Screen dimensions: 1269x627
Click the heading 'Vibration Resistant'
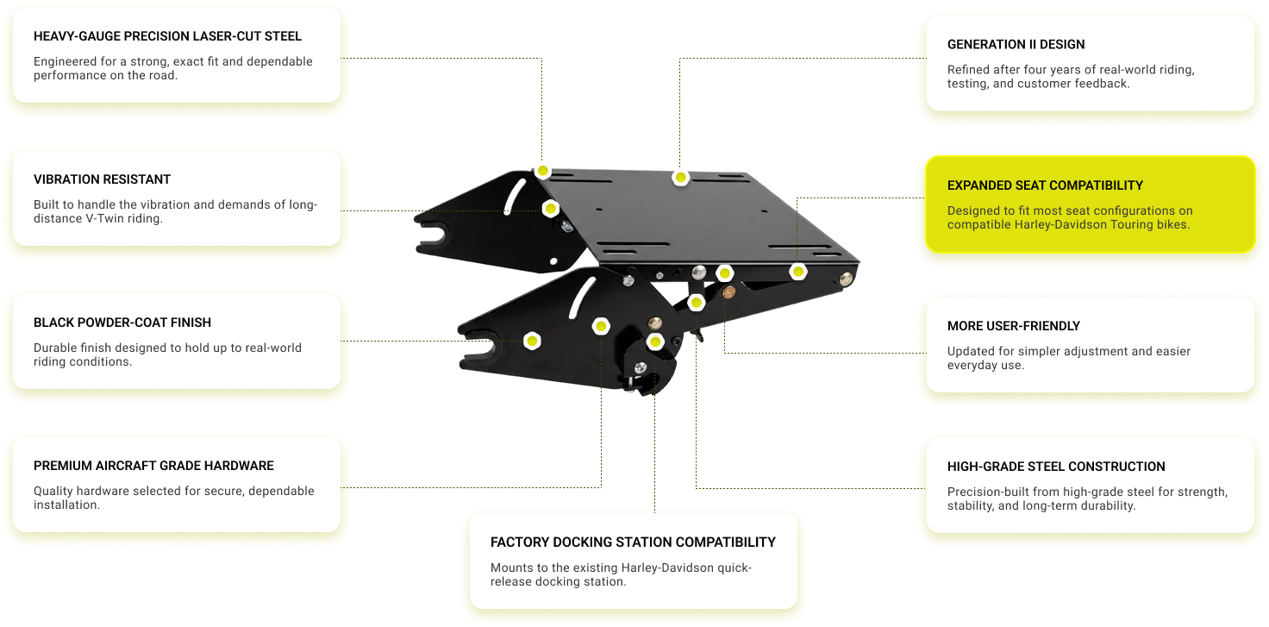pyautogui.click(x=102, y=179)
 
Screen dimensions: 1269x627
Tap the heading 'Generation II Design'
pyautogui.click(x=1016, y=45)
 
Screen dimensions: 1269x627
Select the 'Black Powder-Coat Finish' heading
pyautogui.click(x=122, y=323)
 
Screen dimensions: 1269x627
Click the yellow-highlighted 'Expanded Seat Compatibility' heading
pyautogui.click(x=1045, y=185)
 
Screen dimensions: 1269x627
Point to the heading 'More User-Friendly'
pyautogui.click(x=1014, y=326)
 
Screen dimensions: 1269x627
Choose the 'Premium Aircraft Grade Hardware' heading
pyautogui.click(x=153, y=466)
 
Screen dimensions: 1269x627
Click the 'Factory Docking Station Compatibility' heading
pyautogui.click(x=633, y=542)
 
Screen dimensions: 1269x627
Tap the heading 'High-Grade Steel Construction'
pyautogui.click(x=1056, y=467)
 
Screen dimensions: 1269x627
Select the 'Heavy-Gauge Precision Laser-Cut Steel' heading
pyautogui.click(x=167, y=36)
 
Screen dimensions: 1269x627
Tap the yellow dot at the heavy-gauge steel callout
pyautogui.click(x=543, y=171)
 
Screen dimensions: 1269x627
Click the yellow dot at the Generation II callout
pyautogui.click(x=680, y=178)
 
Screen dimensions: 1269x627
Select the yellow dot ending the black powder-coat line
pyautogui.click(x=532, y=341)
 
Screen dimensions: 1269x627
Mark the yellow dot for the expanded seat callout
pyautogui.click(x=797, y=273)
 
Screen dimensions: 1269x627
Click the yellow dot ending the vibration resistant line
pyautogui.click(x=550, y=209)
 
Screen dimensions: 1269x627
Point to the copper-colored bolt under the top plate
pyautogui.click(x=729, y=292)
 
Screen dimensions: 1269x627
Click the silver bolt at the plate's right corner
pyautogui.click(x=846, y=279)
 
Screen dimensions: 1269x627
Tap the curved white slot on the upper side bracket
pyautogui.click(x=515, y=196)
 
